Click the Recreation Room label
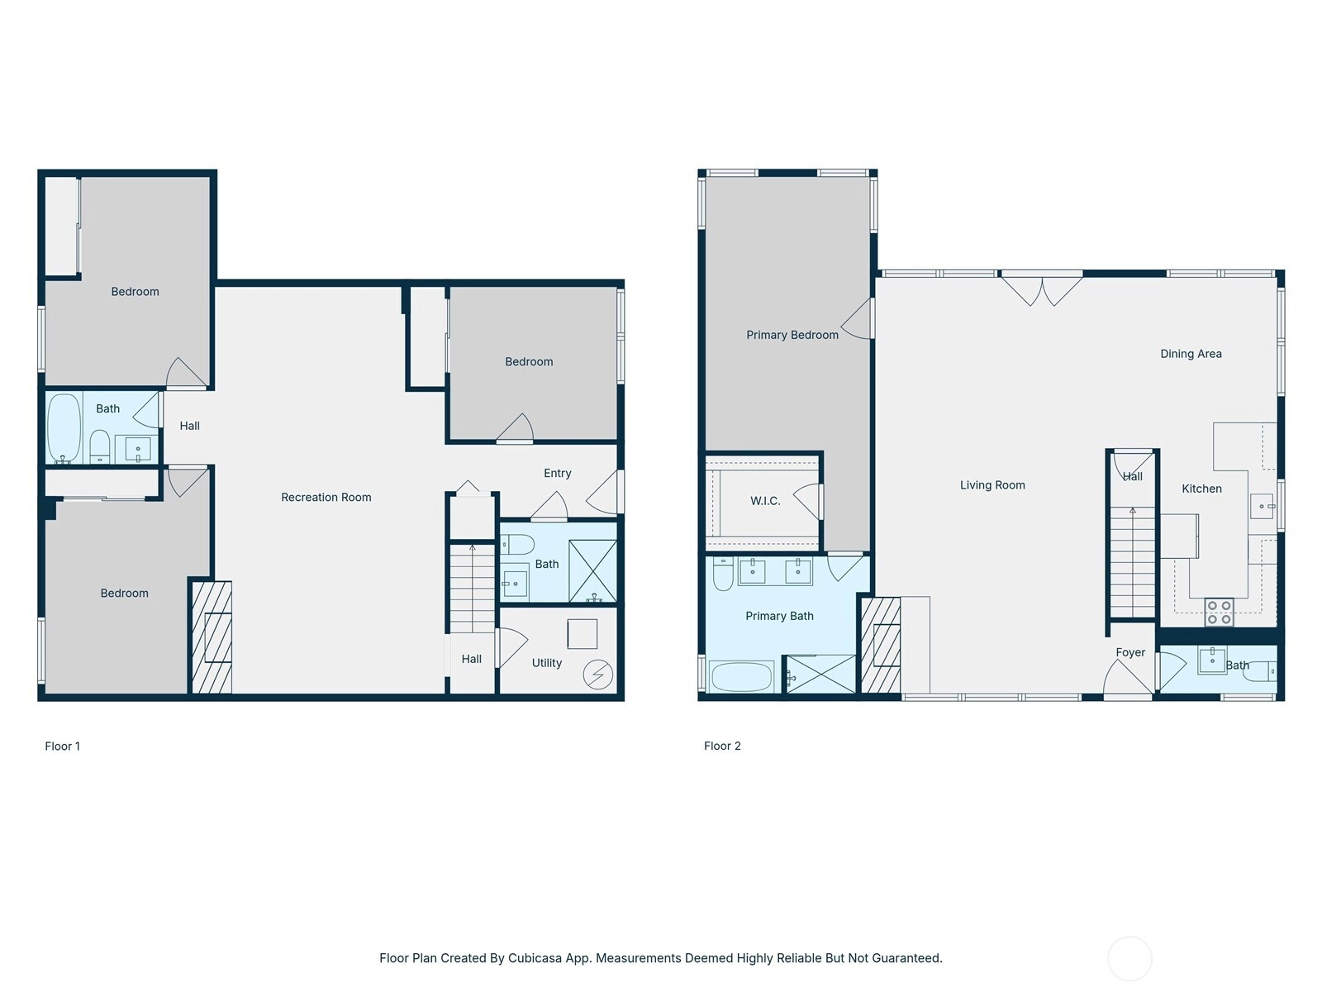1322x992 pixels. [x=326, y=497]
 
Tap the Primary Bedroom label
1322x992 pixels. [x=792, y=335]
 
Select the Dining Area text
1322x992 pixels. [x=1191, y=354]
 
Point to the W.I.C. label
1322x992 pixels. [x=765, y=500]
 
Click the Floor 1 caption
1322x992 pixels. [x=62, y=746]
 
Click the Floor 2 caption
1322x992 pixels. [x=722, y=746]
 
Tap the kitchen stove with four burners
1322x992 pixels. [x=1219, y=612]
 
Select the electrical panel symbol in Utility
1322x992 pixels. [x=597, y=675]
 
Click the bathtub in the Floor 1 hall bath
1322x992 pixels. [x=64, y=427]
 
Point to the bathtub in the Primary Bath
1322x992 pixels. [x=741, y=677]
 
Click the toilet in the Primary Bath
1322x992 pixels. [x=723, y=574]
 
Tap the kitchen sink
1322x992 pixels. [x=1263, y=506]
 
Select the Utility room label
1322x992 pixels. [x=546, y=662]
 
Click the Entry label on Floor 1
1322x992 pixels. [x=557, y=473]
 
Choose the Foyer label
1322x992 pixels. [x=1129, y=652]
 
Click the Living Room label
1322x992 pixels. [x=992, y=485]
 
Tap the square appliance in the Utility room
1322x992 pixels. [x=582, y=633]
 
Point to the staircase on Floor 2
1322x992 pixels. [x=1132, y=562]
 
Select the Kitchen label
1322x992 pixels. [x=1201, y=489]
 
